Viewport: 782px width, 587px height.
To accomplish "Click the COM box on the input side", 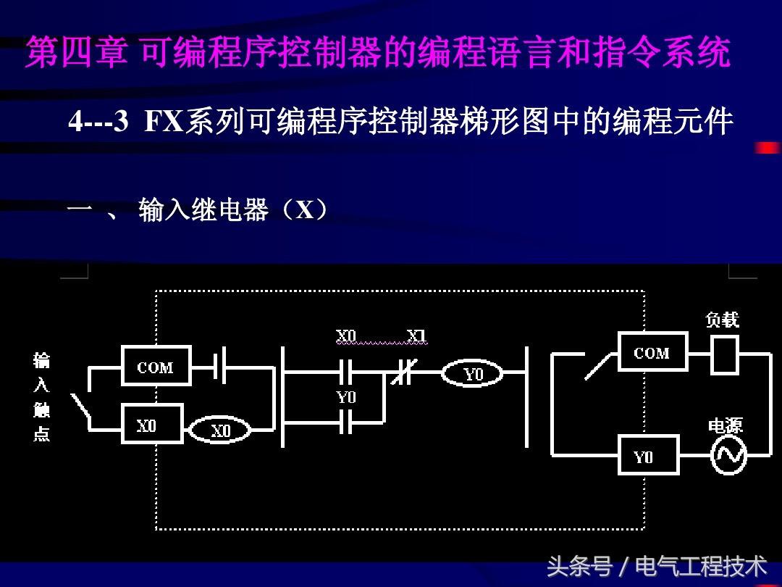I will coord(156,367).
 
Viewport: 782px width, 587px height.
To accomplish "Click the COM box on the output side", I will coord(652,353).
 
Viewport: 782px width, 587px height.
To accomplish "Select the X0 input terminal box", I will coord(146,426).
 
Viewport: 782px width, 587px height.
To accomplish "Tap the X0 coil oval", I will coord(220,431).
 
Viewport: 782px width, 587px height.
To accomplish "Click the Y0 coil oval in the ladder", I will coord(473,374).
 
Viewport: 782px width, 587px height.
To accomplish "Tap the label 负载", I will coord(722,320).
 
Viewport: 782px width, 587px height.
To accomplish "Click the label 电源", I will coord(725,425).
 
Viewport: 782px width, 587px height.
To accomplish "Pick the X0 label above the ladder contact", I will coord(346,336).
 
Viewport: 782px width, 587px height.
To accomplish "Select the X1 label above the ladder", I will coord(416,336).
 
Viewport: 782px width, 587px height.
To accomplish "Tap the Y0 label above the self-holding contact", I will coord(346,398).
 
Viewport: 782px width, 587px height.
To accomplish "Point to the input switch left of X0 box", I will coord(80,407).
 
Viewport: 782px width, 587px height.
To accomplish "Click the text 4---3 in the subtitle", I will coord(98,122).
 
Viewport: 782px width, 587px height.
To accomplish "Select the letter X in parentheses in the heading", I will coord(305,210).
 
